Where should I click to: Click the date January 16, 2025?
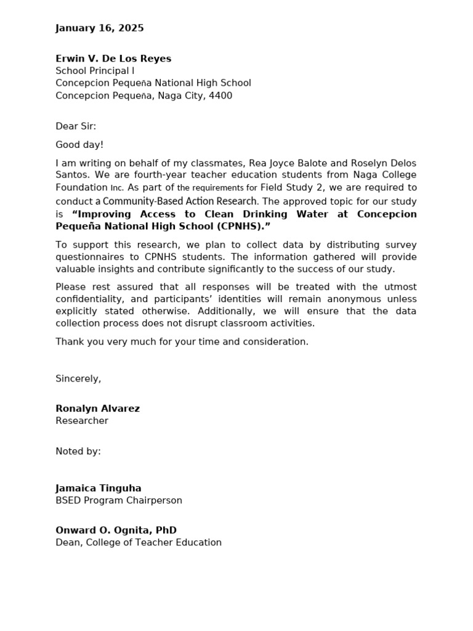(x=100, y=28)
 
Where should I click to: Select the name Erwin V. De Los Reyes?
(x=113, y=59)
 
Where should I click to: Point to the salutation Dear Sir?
(x=76, y=126)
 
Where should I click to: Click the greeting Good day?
(x=79, y=145)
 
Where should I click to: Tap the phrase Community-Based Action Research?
(x=180, y=202)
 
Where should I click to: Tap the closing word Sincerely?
(x=78, y=378)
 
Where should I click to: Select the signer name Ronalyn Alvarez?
(x=97, y=409)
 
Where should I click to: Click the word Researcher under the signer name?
(x=82, y=421)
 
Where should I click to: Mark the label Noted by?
(x=78, y=452)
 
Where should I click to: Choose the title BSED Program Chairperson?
(x=119, y=500)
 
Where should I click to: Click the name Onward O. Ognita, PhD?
(x=116, y=530)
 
